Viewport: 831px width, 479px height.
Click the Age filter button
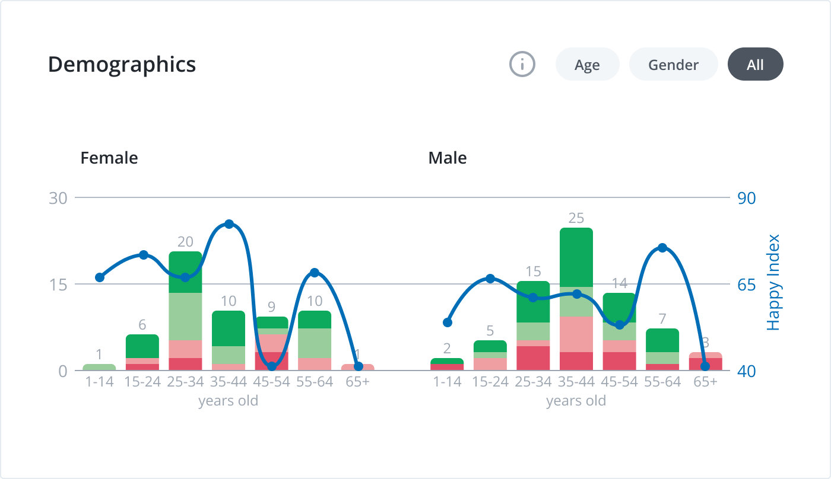click(x=587, y=65)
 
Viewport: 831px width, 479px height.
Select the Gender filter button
click(x=673, y=65)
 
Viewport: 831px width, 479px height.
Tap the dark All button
click(x=755, y=65)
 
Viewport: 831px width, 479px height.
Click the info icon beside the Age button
click(x=522, y=64)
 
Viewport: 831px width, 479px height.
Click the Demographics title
click(x=122, y=64)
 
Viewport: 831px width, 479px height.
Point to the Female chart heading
click(x=109, y=158)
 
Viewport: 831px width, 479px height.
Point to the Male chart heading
click(x=448, y=158)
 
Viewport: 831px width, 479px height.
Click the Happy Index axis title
click(x=772, y=283)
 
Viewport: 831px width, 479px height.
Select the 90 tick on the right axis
click(x=747, y=198)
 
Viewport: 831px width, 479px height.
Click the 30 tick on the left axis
click(x=58, y=198)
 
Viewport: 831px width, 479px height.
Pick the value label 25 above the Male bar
click(x=576, y=218)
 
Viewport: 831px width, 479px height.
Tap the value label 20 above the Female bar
click(x=185, y=242)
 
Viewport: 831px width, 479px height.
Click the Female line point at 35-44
click(x=229, y=224)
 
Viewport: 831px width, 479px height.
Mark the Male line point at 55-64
click(x=662, y=248)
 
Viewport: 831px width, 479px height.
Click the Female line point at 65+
click(x=358, y=366)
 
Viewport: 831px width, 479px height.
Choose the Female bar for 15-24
click(x=142, y=353)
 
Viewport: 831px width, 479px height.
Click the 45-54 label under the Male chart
click(x=619, y=382)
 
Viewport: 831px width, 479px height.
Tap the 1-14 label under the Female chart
click(x=99, y=382)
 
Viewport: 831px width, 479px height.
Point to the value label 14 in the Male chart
click(x=619, y=283)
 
